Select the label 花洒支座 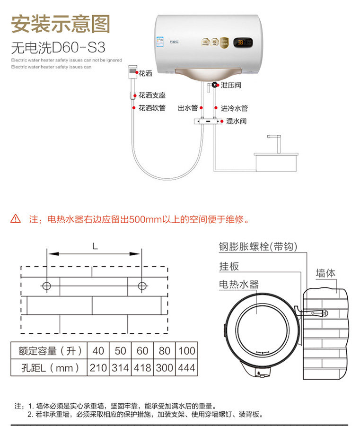[x=152, y=95]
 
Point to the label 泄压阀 [x=231, y=85]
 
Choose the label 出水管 [x=187, y=108]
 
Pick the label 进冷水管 [x=234, y=108]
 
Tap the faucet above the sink [x=272, y=141]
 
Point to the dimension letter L [x=95, y=246]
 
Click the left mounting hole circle [x=46, y=286]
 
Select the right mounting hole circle [x=141, y=286]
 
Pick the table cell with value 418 [x=142, y=367]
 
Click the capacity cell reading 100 [x=186, y=351]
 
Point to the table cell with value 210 [x=98, y=367]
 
